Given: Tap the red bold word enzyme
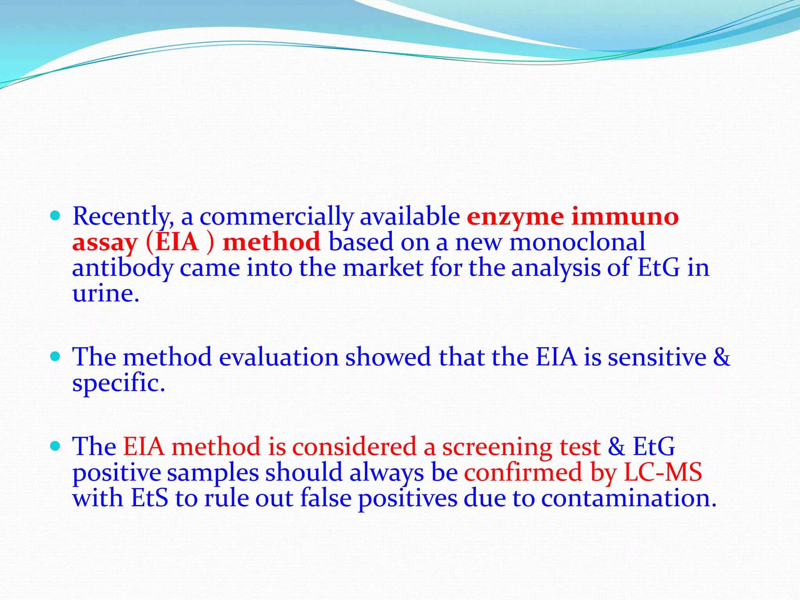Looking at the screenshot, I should pyautogui.click(x=515, y=217).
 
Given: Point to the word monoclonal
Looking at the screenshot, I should pyautogui.click(x=577, y=242).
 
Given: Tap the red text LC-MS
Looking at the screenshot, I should pyautogui.click(x=662, y=472).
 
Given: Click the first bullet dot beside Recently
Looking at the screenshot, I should pyautogui.click(x=55, y=216).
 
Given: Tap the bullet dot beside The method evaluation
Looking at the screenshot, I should pyautogui.click(x=55, y=356).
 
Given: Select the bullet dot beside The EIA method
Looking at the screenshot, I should pyautogui.click(x=55, y=446).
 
